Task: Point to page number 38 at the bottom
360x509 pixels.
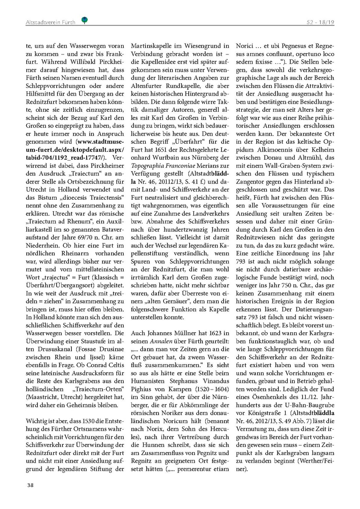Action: pyautogui.click(x=30, y=485)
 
